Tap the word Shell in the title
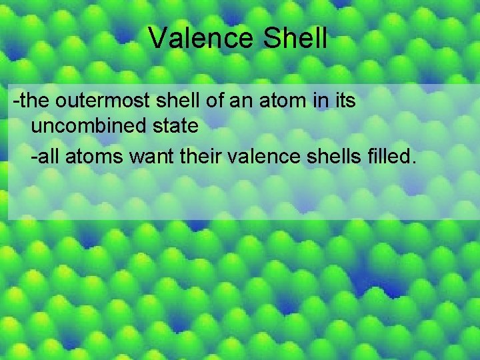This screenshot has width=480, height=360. click(295, 39)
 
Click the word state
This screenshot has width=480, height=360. click(172, 125)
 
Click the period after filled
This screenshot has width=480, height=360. click(413, 163)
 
